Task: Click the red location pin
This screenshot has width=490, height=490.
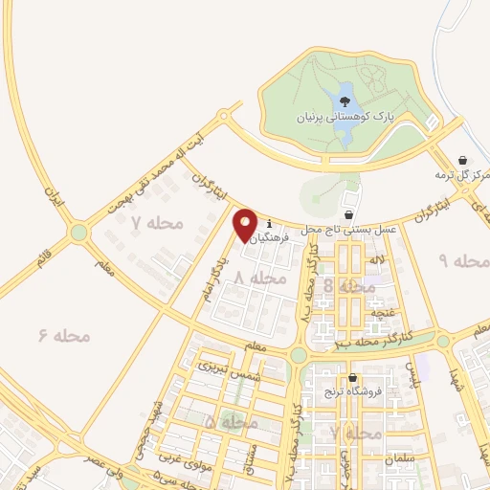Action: (246, 225)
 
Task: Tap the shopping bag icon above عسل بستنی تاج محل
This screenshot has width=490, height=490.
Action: (348, 213)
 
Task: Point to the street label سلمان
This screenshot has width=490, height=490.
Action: (405, 457)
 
